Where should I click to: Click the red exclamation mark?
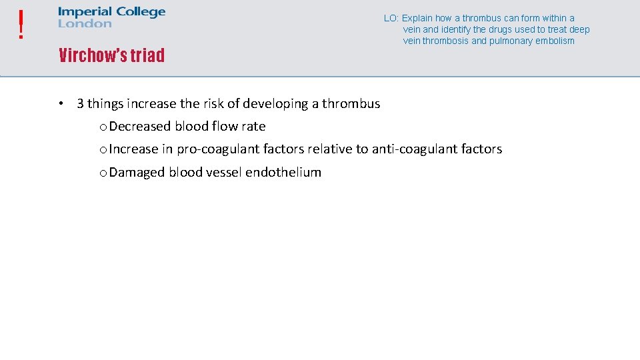coord(22,25)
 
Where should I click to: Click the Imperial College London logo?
coord(111,17)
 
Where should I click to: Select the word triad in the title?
coord(147,55)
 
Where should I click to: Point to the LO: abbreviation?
coord(391,19)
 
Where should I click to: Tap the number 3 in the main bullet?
coord(80,104)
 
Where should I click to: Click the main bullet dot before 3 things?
coord(60,104)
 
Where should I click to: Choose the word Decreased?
coord(140,127)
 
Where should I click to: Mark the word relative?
coord(329,149)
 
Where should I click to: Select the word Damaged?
coord(137,173)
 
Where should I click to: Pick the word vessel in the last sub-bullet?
coord(224,173)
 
